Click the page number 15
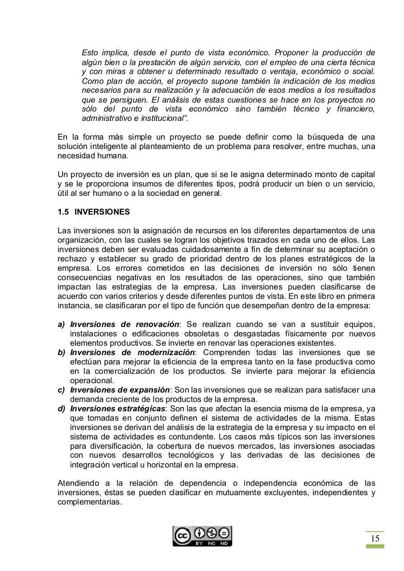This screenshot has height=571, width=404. pos(375,538)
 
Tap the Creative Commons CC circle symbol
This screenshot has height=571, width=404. pos(182,535)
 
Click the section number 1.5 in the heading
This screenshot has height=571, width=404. pos(63,212)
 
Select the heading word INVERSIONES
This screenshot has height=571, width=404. pos(102,212)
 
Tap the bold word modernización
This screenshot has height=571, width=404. pos(166,352)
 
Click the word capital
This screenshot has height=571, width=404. pos(362,174)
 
